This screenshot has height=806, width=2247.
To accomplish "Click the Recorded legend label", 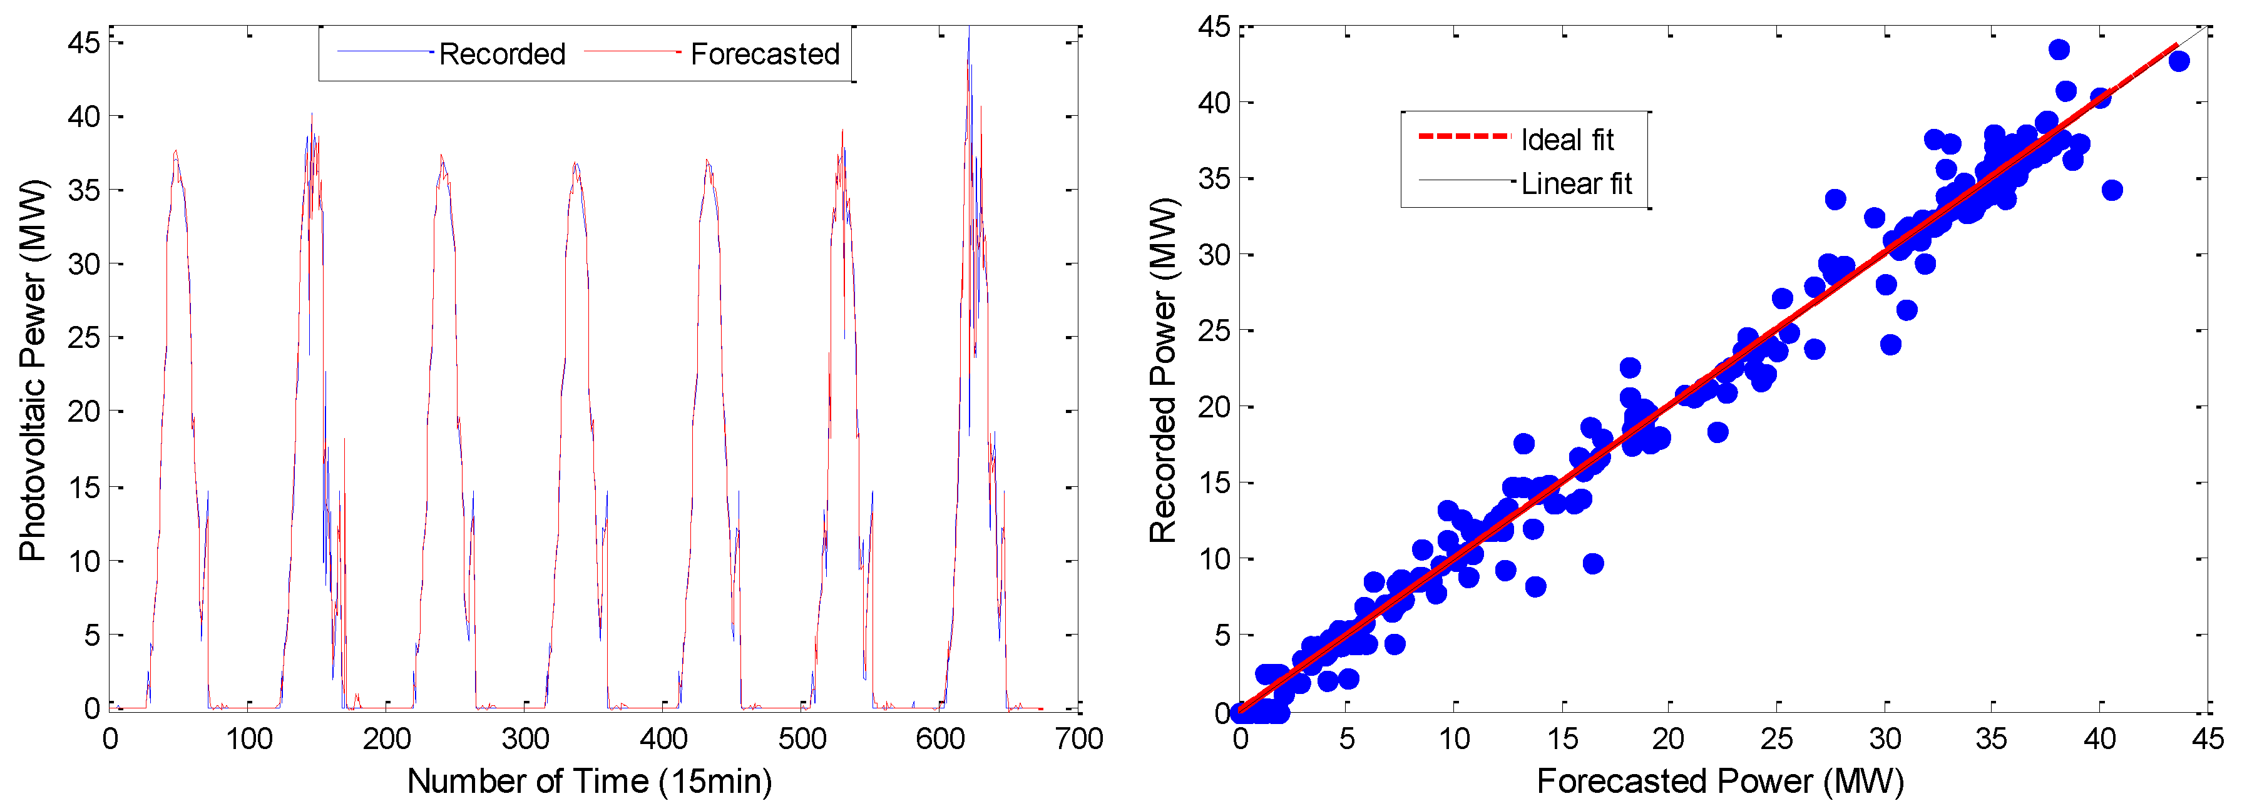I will [x=501, y=54].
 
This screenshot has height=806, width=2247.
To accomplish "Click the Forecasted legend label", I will [x=764, y=54].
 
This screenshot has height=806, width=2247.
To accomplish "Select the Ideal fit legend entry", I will [x=1567, y=140].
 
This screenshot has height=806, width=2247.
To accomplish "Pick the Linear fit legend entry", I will [x=1575, y=184].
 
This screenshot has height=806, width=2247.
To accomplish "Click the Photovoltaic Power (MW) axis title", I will [x=33, y=370].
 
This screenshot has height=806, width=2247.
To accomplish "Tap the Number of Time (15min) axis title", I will [x=590, y=781].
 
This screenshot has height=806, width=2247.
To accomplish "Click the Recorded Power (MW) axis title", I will [x=1163, y=370].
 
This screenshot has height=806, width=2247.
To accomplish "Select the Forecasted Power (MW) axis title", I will [x=1719, y=781].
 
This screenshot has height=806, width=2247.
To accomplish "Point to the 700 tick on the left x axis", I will [x=1079, y=740].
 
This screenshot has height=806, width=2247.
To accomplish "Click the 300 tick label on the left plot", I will [x=525, y=740].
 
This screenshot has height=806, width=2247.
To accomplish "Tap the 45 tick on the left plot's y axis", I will [x=84, y=42].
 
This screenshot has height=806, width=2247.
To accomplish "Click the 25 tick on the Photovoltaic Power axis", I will [x=84, y=337].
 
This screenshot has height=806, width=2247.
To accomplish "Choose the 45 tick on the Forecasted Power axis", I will [x=2207, y=740].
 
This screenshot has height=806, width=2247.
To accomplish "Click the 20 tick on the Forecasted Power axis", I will [x=1668, y=740].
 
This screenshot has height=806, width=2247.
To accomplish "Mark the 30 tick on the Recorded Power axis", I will [x=1214, y=255].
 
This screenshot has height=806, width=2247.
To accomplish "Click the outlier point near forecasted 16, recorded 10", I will [x=1593, y=563].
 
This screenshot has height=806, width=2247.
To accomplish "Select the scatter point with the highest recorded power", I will [x=2059, y=49].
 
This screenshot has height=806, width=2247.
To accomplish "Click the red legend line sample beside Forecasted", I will [x=632, y=53].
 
